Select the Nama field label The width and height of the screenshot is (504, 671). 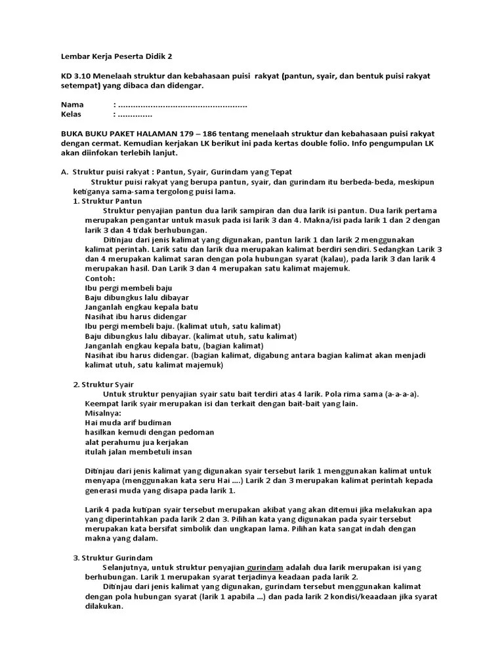[72, 105]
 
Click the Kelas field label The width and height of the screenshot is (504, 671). [73, 114]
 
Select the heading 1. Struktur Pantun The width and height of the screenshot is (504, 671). [107, 201]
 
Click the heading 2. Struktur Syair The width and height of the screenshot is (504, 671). [104, 384]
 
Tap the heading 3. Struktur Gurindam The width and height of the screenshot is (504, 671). [112, 557]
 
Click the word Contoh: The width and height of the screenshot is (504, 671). [100, 278]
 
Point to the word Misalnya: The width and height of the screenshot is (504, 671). [103, 413]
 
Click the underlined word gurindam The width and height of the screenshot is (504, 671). [265, 567]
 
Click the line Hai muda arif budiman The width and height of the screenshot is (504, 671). [128, 423]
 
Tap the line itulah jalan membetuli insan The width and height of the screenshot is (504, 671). [138, 451]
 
